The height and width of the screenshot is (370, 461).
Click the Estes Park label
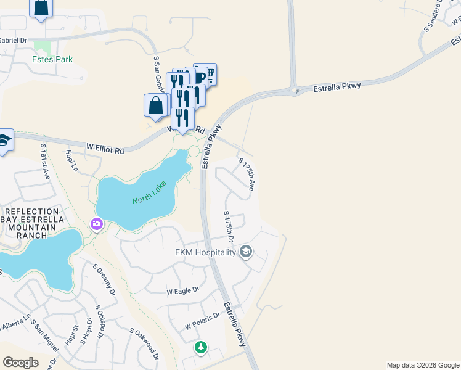click(x=52, y=60)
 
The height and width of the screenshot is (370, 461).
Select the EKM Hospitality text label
click(x=205, y=252)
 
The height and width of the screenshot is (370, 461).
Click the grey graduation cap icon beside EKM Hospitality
click(x=246, y=252)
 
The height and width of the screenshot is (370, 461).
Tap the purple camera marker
click(x=97, y=223)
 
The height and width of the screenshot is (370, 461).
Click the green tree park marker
click(x=200, y=348)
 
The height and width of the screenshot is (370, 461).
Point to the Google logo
click(x=20, y=363)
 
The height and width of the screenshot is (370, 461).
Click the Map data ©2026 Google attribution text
click(x=423, y=365)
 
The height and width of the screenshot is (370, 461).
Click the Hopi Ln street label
click(x=71, y=159)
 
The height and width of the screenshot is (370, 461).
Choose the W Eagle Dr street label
click(x=183, y=290)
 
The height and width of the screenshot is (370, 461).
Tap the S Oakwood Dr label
click(x=144, y=344)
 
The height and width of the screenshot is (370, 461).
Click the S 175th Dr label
click(x=229, y=227)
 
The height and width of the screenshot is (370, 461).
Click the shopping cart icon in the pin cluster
click(x=210, y=75)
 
